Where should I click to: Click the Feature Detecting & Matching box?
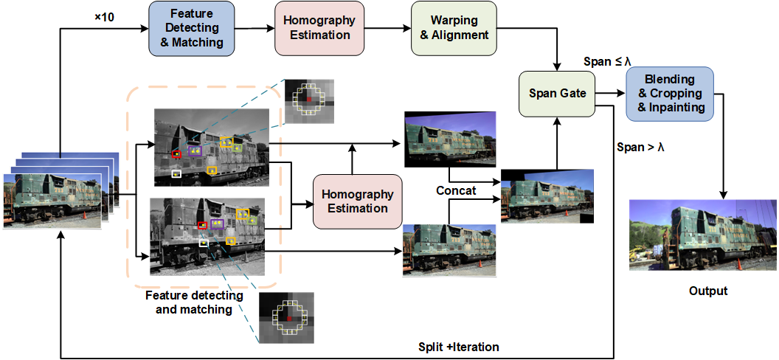click(x=191, y=29)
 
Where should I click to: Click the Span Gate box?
click(x=557, y=94)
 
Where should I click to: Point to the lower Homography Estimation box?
click(x=358, y=201)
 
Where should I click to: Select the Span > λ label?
click(x=640, y=147)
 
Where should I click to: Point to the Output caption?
click(x=707, y=291)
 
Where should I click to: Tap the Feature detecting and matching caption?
click(x=194, y=302)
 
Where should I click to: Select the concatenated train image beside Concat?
click(x=547, y=196)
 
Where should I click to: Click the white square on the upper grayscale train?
click(x=176, y=173)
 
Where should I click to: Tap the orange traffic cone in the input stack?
click(x=83, y=215)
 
